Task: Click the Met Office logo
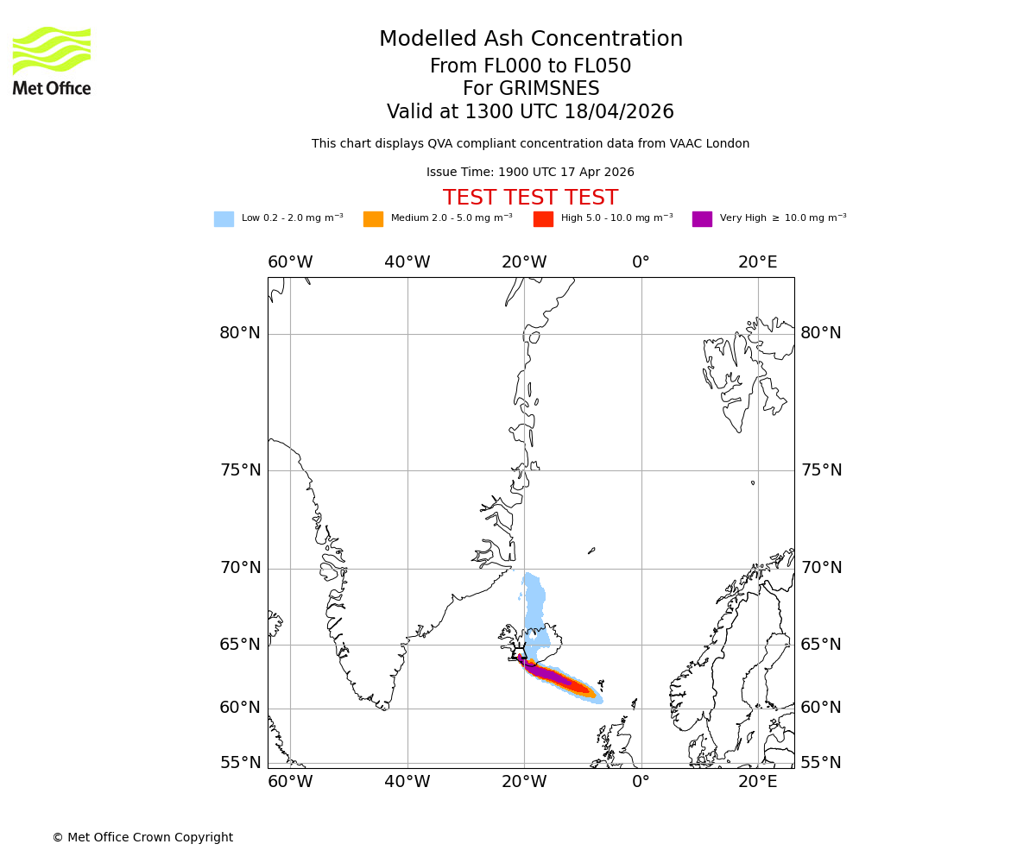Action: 52,60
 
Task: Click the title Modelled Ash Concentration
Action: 530,40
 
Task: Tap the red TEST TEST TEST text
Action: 530,198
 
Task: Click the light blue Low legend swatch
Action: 224,219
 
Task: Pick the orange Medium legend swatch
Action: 373,219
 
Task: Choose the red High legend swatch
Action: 543,219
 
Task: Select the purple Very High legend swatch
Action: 702,219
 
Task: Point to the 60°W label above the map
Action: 290,262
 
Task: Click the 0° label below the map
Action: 641,782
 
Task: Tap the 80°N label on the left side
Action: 239,333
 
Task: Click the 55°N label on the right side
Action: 821,763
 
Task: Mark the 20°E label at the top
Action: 757,262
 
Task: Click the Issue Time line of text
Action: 530,173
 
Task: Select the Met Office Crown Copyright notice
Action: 142,838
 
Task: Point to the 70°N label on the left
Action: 239,568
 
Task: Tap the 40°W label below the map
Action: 407,782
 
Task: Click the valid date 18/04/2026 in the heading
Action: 619,112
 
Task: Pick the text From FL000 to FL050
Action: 530,66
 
